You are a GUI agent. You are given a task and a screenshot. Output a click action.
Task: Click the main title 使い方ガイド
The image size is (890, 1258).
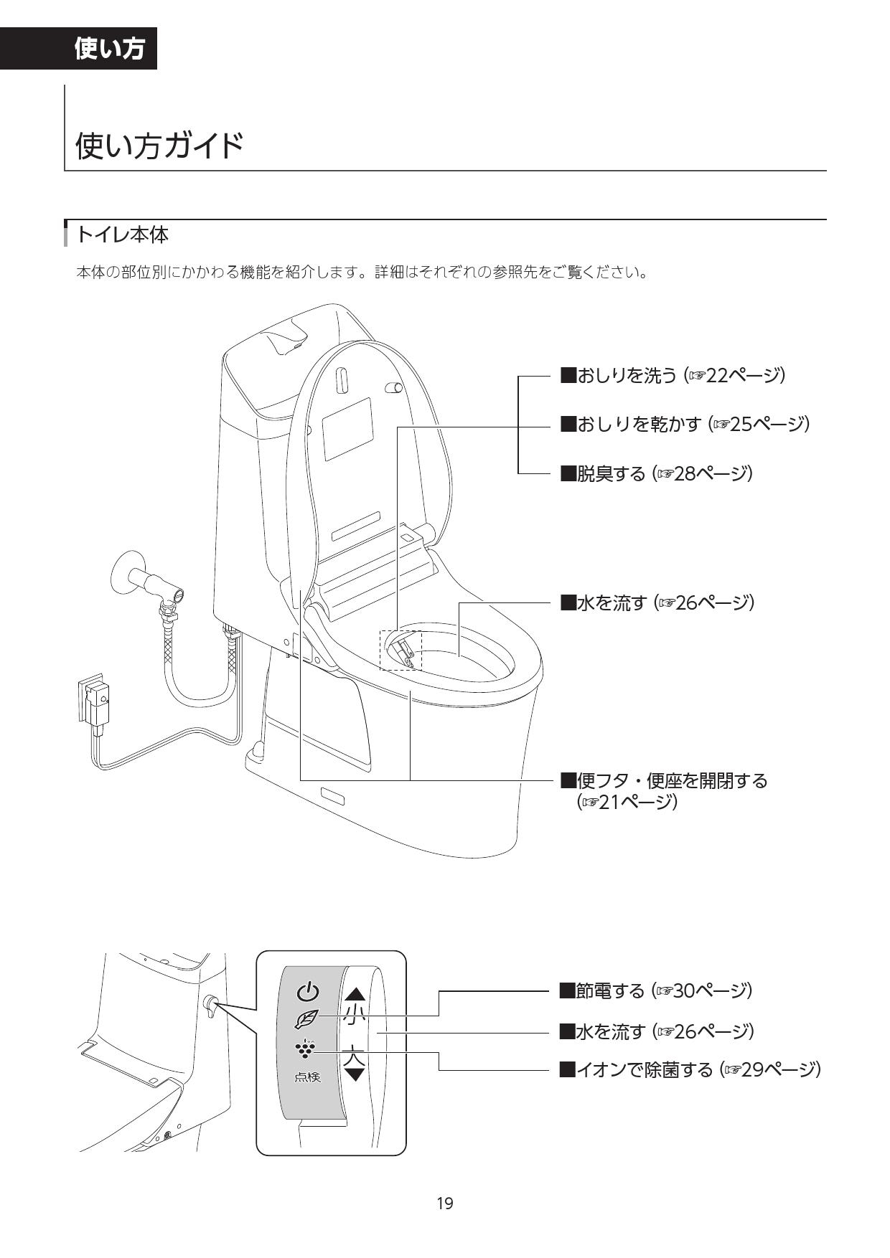click(159, 146)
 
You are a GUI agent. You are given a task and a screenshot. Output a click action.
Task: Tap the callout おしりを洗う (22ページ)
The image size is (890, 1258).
click(672, 375)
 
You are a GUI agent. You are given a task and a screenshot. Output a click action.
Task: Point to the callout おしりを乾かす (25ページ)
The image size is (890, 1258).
click(684, 424)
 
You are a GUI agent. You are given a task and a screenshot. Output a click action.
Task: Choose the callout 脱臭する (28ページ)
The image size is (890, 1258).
click(655, 473)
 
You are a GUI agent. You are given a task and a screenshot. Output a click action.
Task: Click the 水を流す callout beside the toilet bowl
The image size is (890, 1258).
click(657, 602)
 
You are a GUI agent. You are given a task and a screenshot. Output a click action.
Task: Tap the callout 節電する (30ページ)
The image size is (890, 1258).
click(655, 990)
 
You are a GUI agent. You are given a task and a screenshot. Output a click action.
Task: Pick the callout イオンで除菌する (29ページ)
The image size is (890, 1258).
click(689, 1070)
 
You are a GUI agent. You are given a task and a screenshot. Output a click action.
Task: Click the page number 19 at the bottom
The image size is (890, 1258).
click(445, 1203)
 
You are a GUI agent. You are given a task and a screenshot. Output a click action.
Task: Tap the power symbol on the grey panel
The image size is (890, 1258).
click(307, 993)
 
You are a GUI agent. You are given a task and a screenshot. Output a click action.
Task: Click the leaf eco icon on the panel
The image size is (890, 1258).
click(306, 1018)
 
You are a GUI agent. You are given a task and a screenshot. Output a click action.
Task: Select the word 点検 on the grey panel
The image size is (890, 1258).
click(307, 1077)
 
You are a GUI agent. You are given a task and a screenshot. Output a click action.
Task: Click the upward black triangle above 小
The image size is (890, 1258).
click(355, 995)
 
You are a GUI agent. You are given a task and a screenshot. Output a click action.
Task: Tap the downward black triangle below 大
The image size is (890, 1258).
click(355, 1074)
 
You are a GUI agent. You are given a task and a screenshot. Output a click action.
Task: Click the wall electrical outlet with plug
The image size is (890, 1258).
click(95, 700)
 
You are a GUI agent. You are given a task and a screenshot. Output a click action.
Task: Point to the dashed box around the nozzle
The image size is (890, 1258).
click(400, 651)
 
